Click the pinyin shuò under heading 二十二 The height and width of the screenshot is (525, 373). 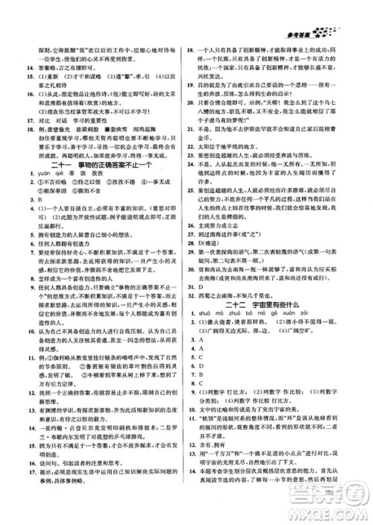click(213, 327)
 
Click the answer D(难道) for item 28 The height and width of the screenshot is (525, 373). click(218, 242)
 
